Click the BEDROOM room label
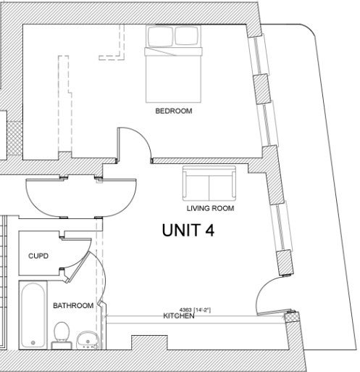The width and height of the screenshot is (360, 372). [174, 111]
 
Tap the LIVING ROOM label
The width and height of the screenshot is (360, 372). [210, 208]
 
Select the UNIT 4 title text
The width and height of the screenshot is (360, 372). [188, 230]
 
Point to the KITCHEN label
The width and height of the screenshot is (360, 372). [179, 316]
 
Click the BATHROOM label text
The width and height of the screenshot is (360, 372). [73, 305]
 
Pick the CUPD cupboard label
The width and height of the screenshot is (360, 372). [38, 256]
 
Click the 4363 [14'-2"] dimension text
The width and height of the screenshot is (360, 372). [195, 310]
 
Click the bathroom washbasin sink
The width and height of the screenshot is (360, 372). [88, 340]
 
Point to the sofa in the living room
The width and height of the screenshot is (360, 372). [209, 183]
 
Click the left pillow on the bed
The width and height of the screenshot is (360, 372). [160, 36]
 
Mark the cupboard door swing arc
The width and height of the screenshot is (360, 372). [84, 259]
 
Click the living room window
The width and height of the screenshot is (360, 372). [281, 227]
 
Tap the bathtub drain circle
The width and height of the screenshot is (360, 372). [33, 342]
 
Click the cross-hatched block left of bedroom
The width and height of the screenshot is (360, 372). [14, 139]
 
